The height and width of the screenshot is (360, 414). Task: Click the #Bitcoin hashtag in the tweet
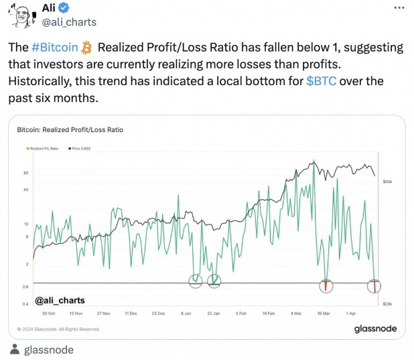click(55, 48)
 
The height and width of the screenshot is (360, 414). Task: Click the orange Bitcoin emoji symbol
click(86, 48)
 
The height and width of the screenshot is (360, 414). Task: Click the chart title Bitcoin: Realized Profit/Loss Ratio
click(70, 129)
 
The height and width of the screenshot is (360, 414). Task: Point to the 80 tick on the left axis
click(25, 173)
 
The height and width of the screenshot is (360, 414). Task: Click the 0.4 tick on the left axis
click(25, 304)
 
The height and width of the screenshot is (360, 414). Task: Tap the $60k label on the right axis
click(387, 182)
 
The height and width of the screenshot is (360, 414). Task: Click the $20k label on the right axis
click(387, 304)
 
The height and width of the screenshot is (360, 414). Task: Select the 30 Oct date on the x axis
click(48, 313)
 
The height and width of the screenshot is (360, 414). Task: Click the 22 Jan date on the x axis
click(213, 313)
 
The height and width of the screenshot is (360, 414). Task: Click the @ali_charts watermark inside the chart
click(60, 300)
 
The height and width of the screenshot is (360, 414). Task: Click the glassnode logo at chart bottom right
click(375, 328)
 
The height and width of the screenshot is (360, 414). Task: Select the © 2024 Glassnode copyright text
click(58, 329)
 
